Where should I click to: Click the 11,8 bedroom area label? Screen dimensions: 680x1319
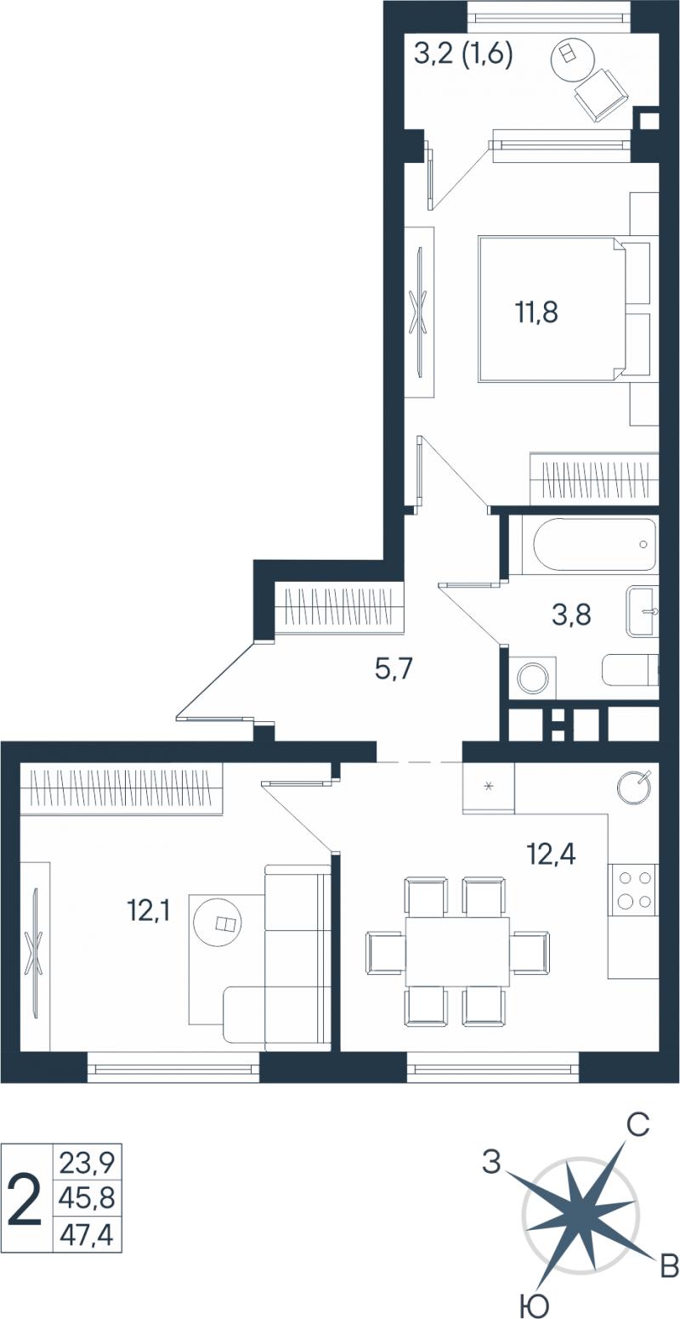click(537, 312)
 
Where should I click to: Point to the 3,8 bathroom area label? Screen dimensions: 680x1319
click(571, 617)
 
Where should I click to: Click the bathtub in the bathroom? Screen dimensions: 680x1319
click(593, 544)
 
